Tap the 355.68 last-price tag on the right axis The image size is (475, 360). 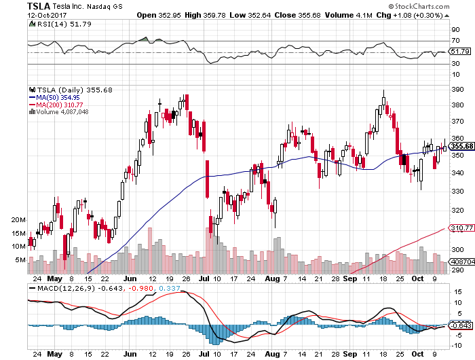coord(459,146)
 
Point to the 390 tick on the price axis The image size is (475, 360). coord(456,88)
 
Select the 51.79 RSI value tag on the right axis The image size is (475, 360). coord(459,52)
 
